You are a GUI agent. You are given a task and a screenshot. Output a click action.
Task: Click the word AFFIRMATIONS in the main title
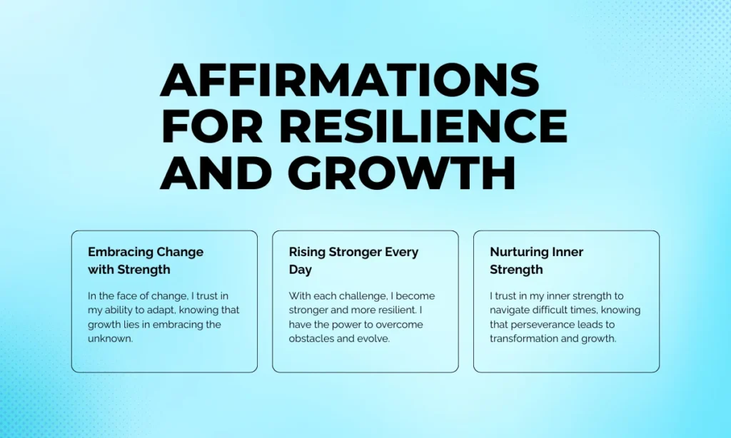click(x=350, y=80)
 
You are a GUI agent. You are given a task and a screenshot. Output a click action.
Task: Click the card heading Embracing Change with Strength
click(x=145, y=260)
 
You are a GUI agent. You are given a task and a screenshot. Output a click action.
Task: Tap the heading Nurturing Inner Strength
click(x=536, y=260)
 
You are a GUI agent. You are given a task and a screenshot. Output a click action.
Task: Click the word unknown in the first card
click(x=111, y=339)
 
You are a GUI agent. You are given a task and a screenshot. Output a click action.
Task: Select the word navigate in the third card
click(x=512, y=310)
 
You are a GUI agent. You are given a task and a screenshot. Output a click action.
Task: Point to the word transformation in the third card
click(x=527, y=339)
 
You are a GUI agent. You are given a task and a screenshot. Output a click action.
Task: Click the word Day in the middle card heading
click(x=300, y=270)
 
